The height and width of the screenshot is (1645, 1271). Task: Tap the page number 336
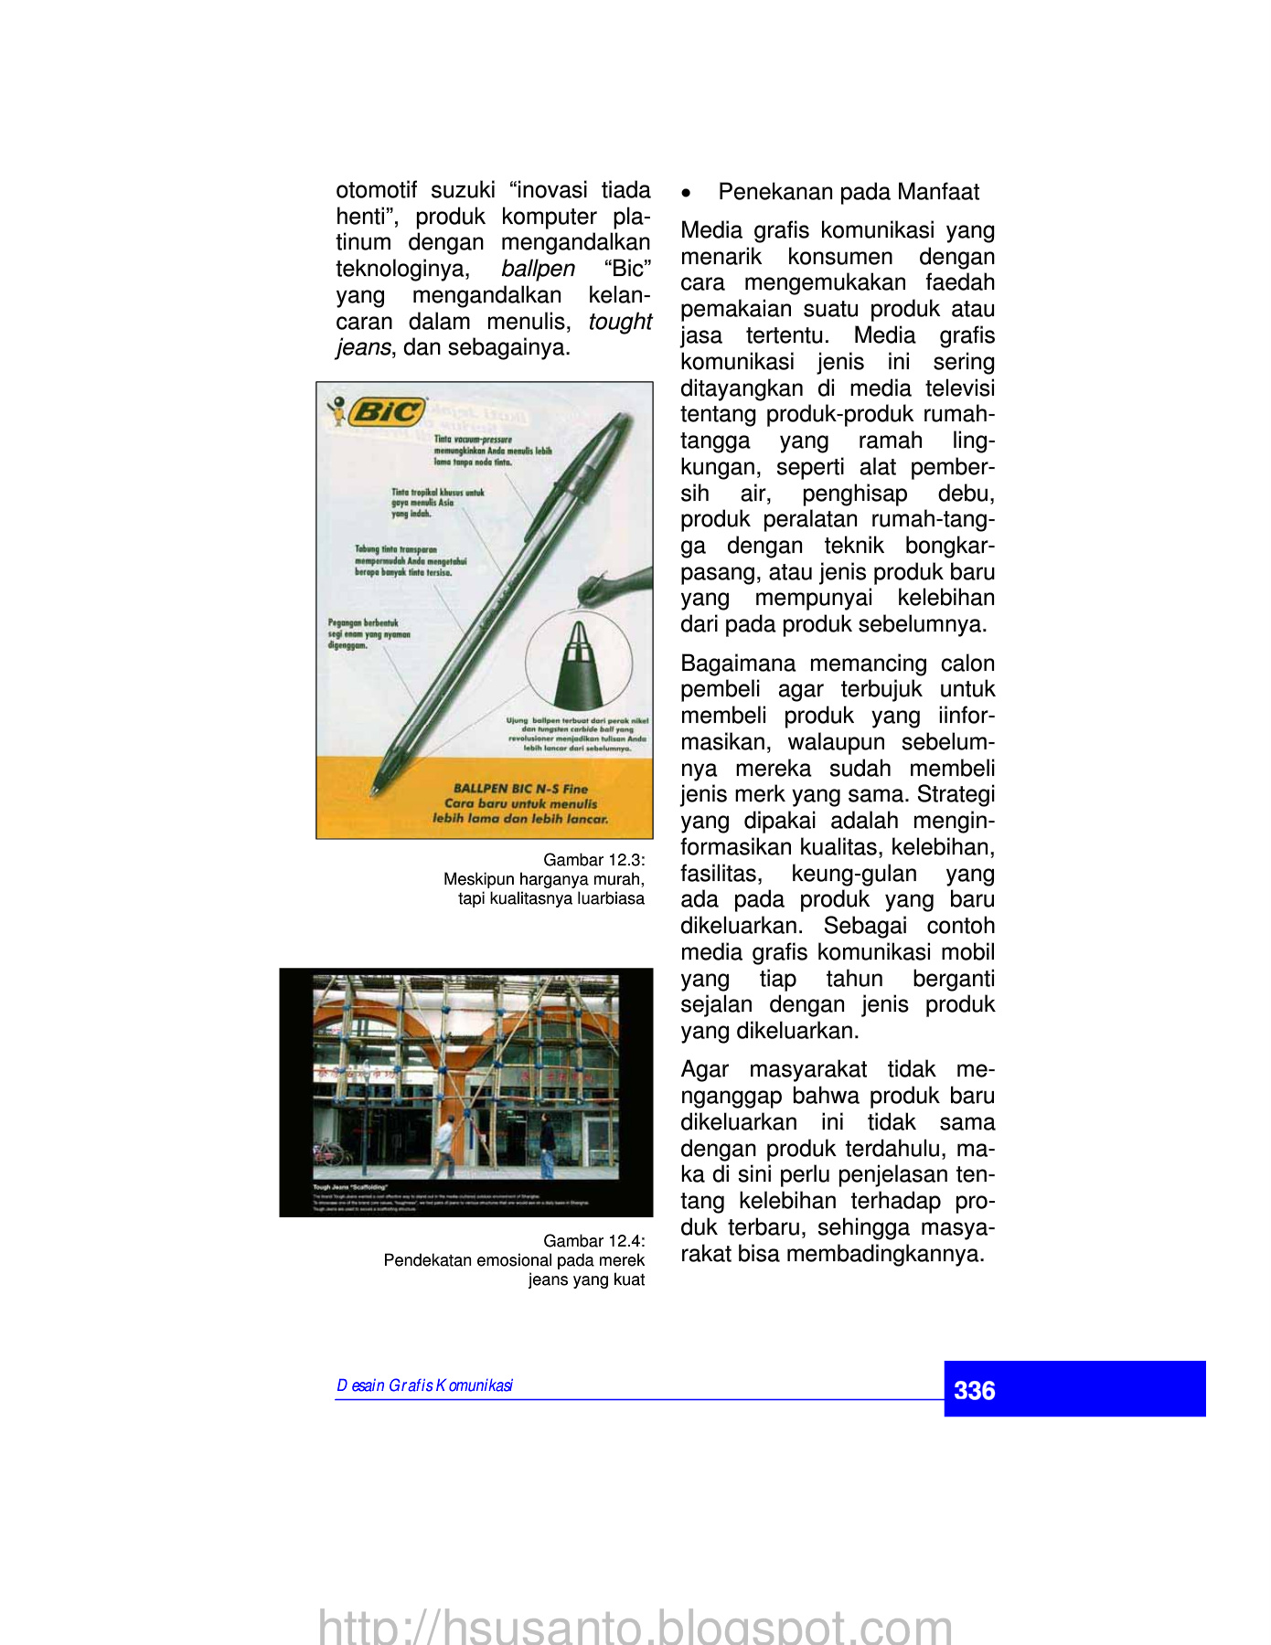pos(974,1391)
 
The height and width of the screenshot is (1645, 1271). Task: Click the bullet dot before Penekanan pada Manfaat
pos(687,193)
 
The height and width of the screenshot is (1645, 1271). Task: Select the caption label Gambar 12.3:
pos(593,860)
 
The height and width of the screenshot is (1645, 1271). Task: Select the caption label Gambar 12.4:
pos(593,1241)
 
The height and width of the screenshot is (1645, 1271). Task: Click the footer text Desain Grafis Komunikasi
pos(424,1385)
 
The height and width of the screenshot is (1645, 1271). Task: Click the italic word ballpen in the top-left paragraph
pos(538,269)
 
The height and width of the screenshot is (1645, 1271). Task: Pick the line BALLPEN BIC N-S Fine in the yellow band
pos(520,789)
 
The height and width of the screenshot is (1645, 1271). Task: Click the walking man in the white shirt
pos(444,1146)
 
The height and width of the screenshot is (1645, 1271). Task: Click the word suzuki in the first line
pos(463,190)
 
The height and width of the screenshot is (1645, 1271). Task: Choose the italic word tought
pos(620,322)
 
